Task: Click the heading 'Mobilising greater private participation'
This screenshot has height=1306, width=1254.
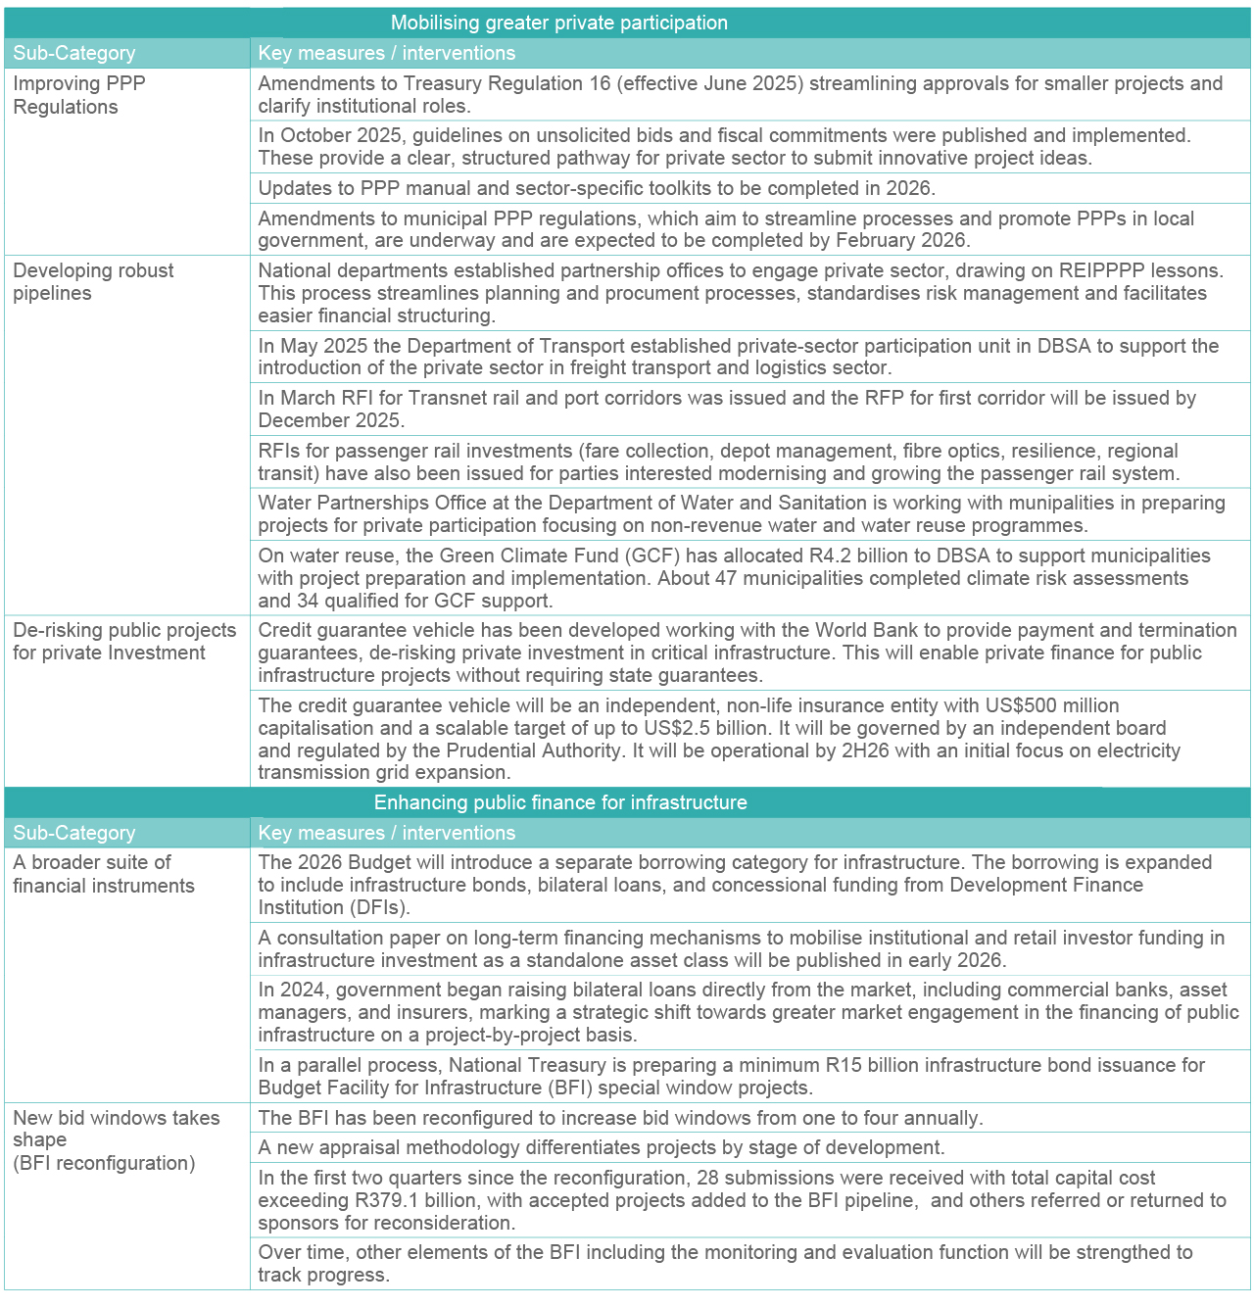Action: (559, 23)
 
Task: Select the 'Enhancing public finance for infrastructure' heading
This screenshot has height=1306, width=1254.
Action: (560, 802)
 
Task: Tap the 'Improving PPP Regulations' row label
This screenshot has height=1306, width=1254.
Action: (79, 95)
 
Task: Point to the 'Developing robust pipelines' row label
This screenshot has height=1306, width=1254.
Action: (93, 281)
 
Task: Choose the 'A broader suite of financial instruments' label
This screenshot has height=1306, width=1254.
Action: (103, 874)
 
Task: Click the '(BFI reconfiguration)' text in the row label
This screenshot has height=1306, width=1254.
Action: (104, 1163)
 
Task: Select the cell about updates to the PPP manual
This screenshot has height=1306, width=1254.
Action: (597, 188)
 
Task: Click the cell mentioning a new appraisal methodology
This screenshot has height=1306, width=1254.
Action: (601, 1147)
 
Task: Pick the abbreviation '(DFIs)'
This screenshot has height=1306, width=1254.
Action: (355, 907)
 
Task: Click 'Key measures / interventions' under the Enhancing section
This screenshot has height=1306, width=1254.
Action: (386, 833)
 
